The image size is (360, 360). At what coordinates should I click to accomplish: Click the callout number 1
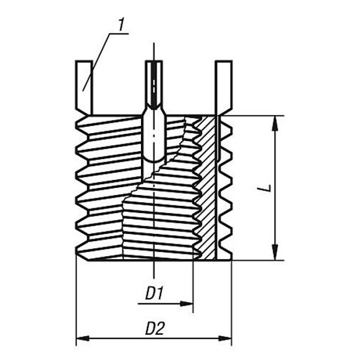[121, 25]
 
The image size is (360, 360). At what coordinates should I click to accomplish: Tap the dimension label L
[267, 188]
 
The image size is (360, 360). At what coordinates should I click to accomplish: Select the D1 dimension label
[154, 293]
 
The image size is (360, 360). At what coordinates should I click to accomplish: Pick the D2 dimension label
[155, 328]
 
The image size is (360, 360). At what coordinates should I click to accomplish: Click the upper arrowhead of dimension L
[275, 123]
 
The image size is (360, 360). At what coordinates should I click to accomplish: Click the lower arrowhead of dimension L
[275, 253]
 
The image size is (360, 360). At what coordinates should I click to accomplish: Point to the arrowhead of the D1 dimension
[186, 303]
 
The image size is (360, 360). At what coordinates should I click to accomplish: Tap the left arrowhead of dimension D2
[83, 338]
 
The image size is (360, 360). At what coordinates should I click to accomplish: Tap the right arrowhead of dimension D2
[225, 338]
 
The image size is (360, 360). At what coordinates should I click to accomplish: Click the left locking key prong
[84, 88]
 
